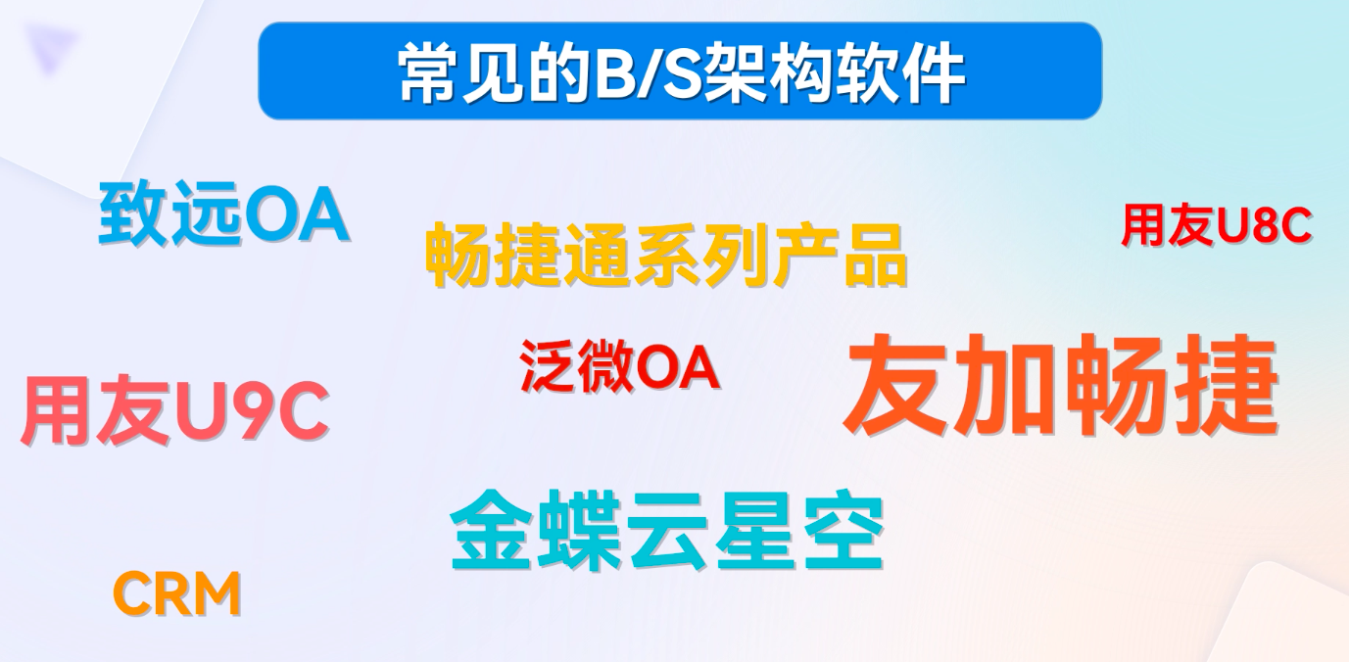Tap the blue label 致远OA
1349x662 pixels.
223,216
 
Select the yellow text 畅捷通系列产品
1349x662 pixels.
666,256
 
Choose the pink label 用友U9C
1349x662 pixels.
174,412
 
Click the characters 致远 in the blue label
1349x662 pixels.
169,216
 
